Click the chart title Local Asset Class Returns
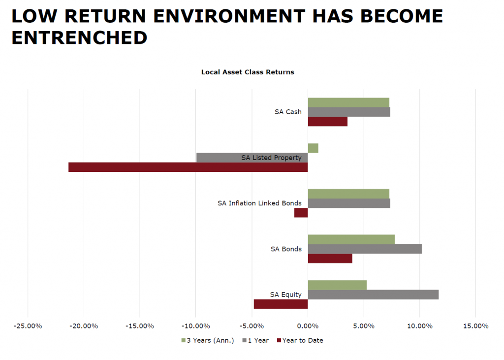(248, 72)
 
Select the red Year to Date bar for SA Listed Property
(188, 167)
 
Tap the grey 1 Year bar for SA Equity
(373, 295)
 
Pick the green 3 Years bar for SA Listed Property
(313, 148)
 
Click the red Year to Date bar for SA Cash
(327, 122)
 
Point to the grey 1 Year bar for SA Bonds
(365, 249)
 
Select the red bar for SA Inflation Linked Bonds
(301, 213)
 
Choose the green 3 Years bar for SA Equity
(337, 285)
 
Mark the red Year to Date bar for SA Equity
(281, 304)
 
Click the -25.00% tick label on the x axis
(28, 326)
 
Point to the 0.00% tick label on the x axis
(308, 326)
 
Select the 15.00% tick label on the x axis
(475, 326)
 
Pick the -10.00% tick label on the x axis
(196, 326)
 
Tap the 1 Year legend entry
(257, 340)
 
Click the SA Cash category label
(288, 112)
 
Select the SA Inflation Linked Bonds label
(259, 203)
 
